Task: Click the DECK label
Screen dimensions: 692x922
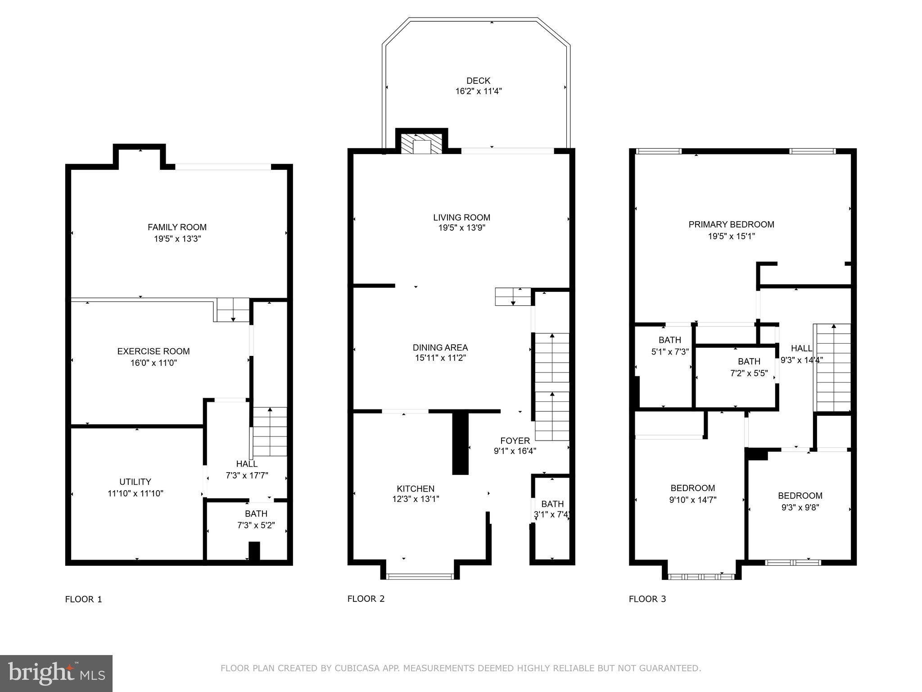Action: [x=478, y=81]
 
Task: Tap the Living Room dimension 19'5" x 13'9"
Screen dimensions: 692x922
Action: [x=461, y=228]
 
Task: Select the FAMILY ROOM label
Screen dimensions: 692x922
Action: [x=177, y=227]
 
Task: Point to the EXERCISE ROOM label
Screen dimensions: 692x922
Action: [x=154, y=351]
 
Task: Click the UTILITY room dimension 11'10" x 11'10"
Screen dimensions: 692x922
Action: [x=136, y=493]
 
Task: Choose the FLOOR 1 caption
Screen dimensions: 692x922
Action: [x=84, y=599]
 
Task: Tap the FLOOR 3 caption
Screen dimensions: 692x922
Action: [x=647, y=599]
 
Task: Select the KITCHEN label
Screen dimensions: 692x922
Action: [x=416, y=488]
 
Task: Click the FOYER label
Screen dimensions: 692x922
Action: [x=515, y=441]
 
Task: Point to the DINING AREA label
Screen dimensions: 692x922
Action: [x=440, y=347]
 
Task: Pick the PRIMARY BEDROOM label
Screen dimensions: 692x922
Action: [x=731, y=224]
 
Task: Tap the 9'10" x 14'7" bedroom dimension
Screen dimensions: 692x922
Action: [x=692, y=500]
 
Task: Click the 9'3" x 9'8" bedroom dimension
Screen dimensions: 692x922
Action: [x=800, y=507]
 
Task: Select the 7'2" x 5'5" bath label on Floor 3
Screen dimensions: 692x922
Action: [x=749, y=367]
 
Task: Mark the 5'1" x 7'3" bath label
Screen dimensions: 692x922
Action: [x=670, y=346]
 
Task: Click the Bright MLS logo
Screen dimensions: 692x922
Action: [x=56, y=674]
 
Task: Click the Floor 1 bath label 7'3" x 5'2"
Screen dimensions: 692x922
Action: [x=256, y=519]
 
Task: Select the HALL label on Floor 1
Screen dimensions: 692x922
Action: [x=247, y=464]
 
